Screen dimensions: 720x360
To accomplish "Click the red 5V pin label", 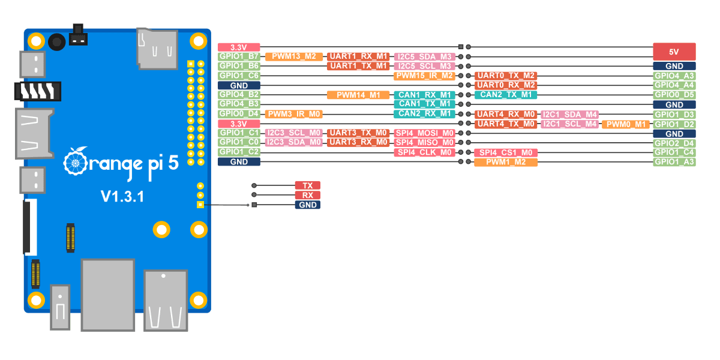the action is click(674, 52).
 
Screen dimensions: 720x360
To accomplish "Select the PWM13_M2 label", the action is click(293, 56).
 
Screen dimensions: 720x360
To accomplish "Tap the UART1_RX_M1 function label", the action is click(358, 56).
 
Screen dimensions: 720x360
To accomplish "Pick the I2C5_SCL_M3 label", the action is click(424, 66).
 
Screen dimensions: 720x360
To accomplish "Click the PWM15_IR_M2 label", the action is click(424, 76).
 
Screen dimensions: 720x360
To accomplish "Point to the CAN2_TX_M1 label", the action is click(506, 95).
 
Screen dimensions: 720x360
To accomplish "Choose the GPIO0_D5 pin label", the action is click(674, 95).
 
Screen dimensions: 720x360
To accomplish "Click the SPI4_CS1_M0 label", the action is click(506, 152).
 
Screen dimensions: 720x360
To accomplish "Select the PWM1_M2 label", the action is click(506, 162).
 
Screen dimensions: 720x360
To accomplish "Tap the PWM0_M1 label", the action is click(625, 124).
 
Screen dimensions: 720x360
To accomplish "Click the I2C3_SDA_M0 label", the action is click(293, 142).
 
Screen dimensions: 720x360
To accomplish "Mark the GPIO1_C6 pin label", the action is click(239, 76).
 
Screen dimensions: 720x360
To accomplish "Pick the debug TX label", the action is click(308, 185).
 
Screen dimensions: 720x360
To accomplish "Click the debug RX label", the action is click(308, 195).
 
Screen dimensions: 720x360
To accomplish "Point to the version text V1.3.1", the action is click(122, 196).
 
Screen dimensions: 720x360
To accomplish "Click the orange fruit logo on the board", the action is click(75, 162).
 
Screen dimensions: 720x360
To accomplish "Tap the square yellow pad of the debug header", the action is click(200, 205).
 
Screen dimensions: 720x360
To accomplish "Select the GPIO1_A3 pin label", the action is click(674, 162).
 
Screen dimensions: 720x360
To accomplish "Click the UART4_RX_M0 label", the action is click(506, 115).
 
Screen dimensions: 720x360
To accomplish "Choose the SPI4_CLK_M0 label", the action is click(424, 152).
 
